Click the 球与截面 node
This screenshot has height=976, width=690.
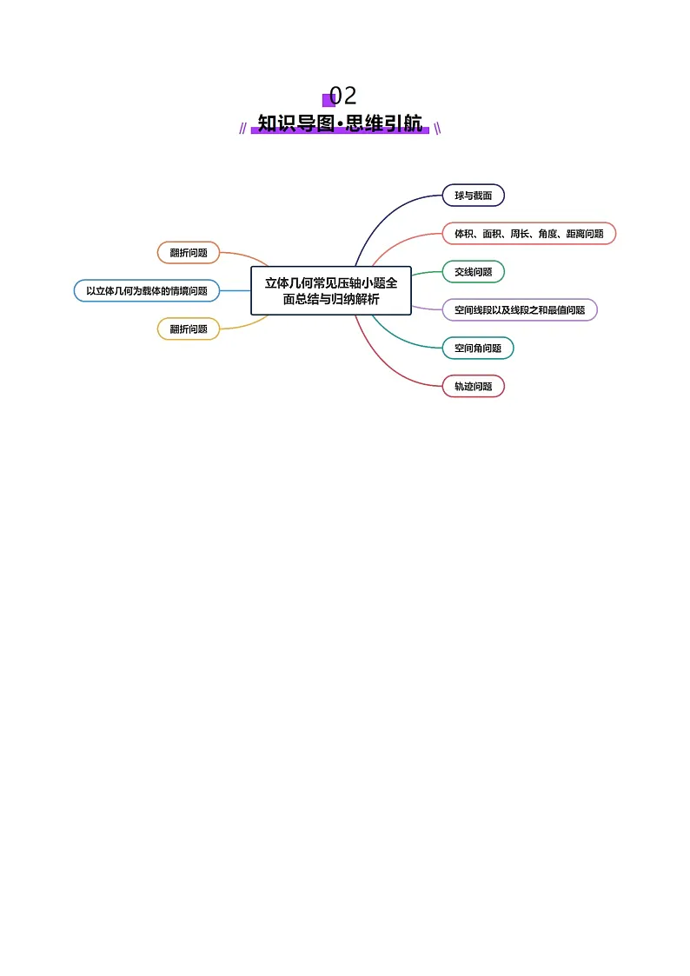tap(473, 196)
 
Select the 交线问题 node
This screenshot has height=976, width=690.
tap(473, 271)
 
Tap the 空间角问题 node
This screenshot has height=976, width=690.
tap(478, 348)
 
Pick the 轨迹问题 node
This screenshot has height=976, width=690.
tap(473, 386)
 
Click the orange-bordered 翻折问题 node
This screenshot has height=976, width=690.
tap(189, 253)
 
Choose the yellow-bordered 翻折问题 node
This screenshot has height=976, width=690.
tap(189, 329)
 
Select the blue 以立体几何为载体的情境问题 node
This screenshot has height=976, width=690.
tap(147, 290)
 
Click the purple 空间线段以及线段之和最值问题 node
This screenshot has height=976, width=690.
tap(520, 310)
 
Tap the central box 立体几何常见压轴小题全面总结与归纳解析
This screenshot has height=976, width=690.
tap(331, 290)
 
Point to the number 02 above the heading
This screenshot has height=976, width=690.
tap(342, 96)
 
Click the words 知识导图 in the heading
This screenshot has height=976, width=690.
tap(296, 123)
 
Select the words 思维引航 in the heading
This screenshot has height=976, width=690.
tap(384, 123)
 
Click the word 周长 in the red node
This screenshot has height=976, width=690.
tap(519, 234)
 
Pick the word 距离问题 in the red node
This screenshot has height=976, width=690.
tap(585, 234)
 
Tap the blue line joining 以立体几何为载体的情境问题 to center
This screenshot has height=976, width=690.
tap(236, 290)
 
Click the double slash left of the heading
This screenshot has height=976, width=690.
tap(242, 129)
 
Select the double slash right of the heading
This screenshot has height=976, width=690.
tap(437, 129)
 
